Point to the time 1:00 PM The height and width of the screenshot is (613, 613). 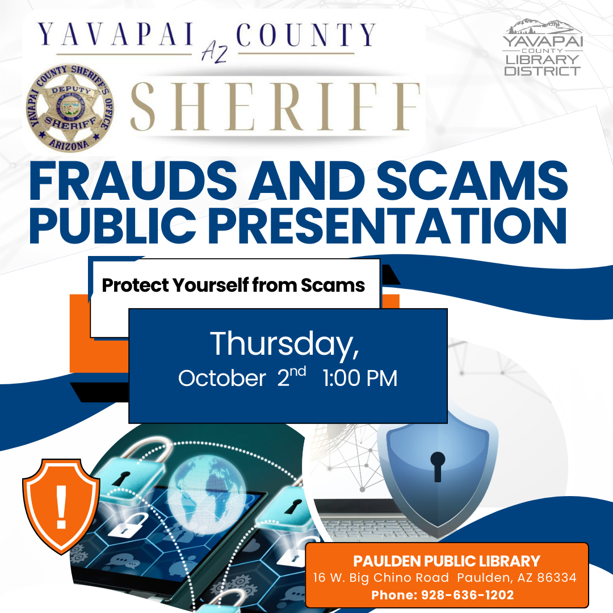pyautogui.click(x=360, y=378)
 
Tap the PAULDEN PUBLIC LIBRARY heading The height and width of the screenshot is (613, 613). pyautogui.click(x=447, y=561)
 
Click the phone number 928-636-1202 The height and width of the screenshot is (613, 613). pyautogui.click(x=468, y=595)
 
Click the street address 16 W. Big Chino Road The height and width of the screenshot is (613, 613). pyautogui.click(x=381, y=578)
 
